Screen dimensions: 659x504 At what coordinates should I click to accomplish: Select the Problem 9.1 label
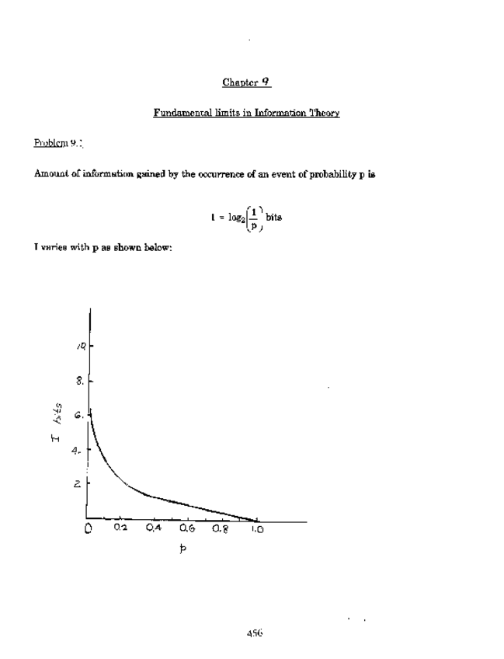[58, 143]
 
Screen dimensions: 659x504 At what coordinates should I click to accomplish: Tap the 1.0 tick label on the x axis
[256, 532]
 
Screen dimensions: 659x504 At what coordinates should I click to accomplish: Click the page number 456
[254, 633]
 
